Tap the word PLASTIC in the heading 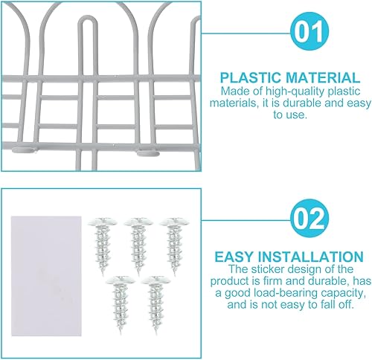pyautogui.click(x=251, y=76)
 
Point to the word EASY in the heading pyautogui.click(x=234, y=256)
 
